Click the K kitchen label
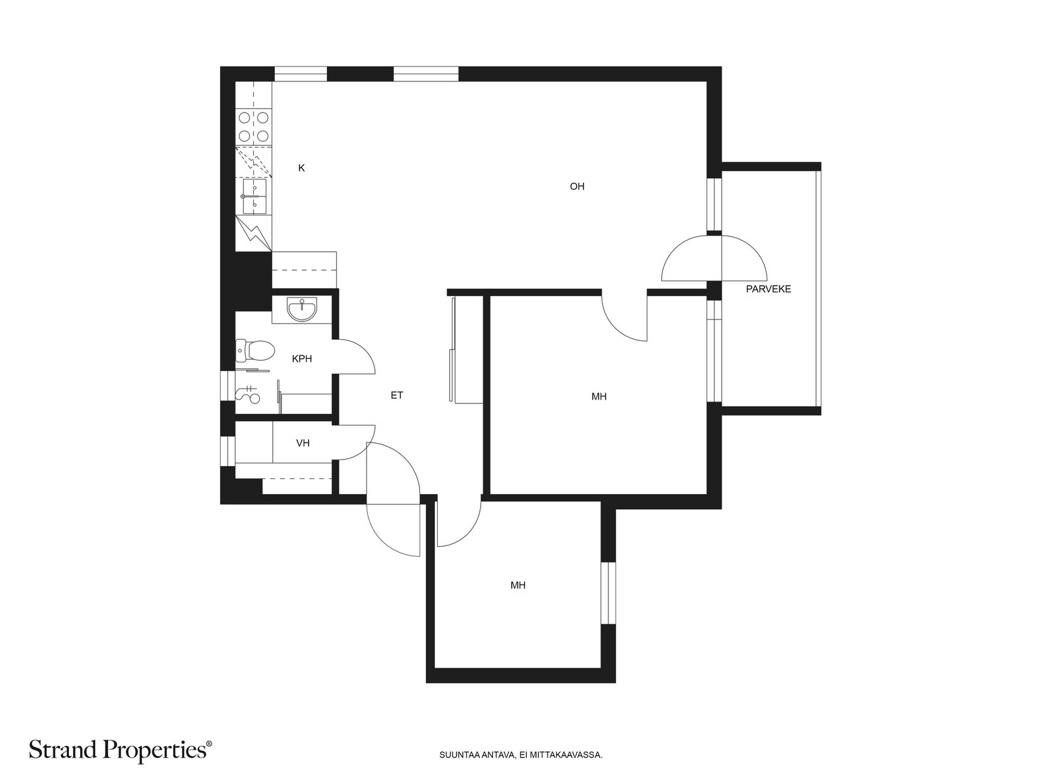tap(301, 168)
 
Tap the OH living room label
tap(577, 186)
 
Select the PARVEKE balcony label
tap(768, 289)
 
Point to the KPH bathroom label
tap(302, 359)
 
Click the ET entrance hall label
tap(397, 395)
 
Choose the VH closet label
tap(302, 443)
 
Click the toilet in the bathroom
tap(255, 350)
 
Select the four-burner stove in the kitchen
tap(253, 127)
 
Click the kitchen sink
tap(255, 197)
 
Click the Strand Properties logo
tap(120, 750)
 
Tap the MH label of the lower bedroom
tap(518, 585)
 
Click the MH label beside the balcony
tap(598, 396)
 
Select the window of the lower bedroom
tap(608, 593)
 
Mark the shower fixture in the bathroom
tap(248, 394)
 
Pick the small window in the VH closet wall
tap(229, 451)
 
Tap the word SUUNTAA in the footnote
tap(454, 754)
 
